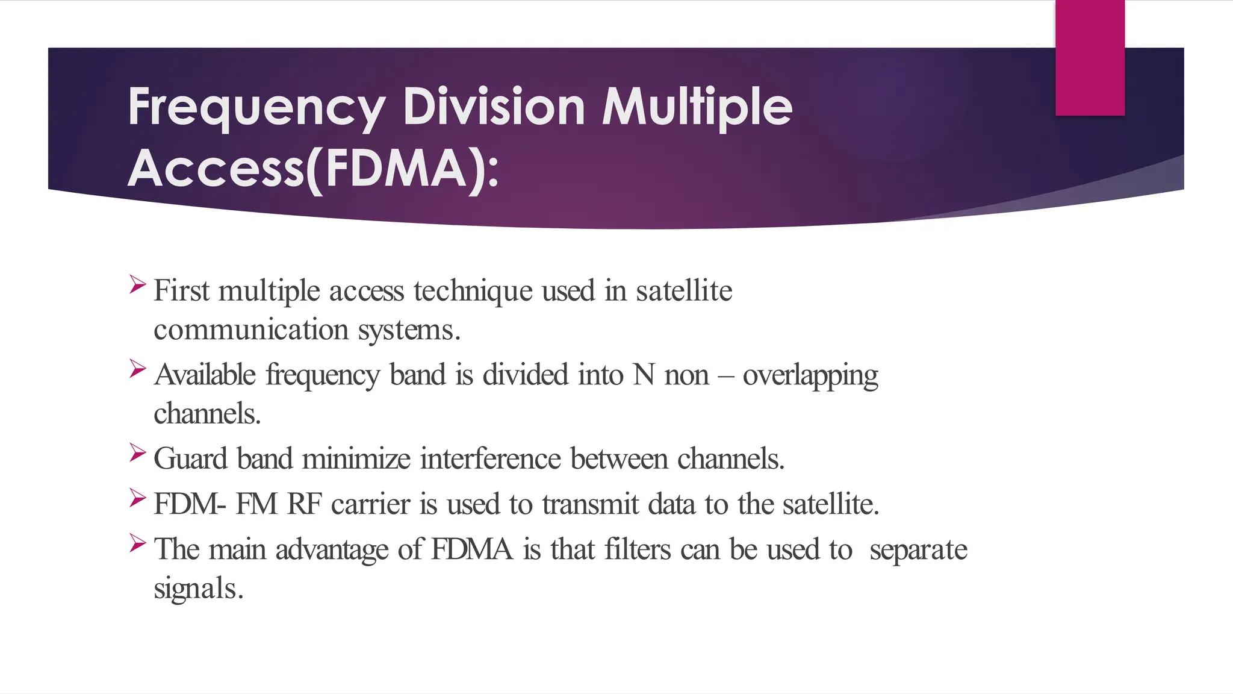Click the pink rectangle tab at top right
pyautogui.click(x=1090, y=58)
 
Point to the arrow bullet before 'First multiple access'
pyautogui.click(x=138, y=284)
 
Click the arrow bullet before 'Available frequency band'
pyautogui.click(x=138, y=368)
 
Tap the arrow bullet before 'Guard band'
pyautogui.click(x=138, y=452)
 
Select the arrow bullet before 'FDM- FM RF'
pyautogui.click(x=138, y=498)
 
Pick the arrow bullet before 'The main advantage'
pyautogui.click(x=138, y=543)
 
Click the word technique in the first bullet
pyautogui.click(x=473, y=292)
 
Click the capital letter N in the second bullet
pyautogui.click(x=644, y=375)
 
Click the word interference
pyautogui.click(x=490, y=459)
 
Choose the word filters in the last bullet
pyautogui.click(x=637, y=549)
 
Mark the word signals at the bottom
pyautogui.click(x=197, y=589)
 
